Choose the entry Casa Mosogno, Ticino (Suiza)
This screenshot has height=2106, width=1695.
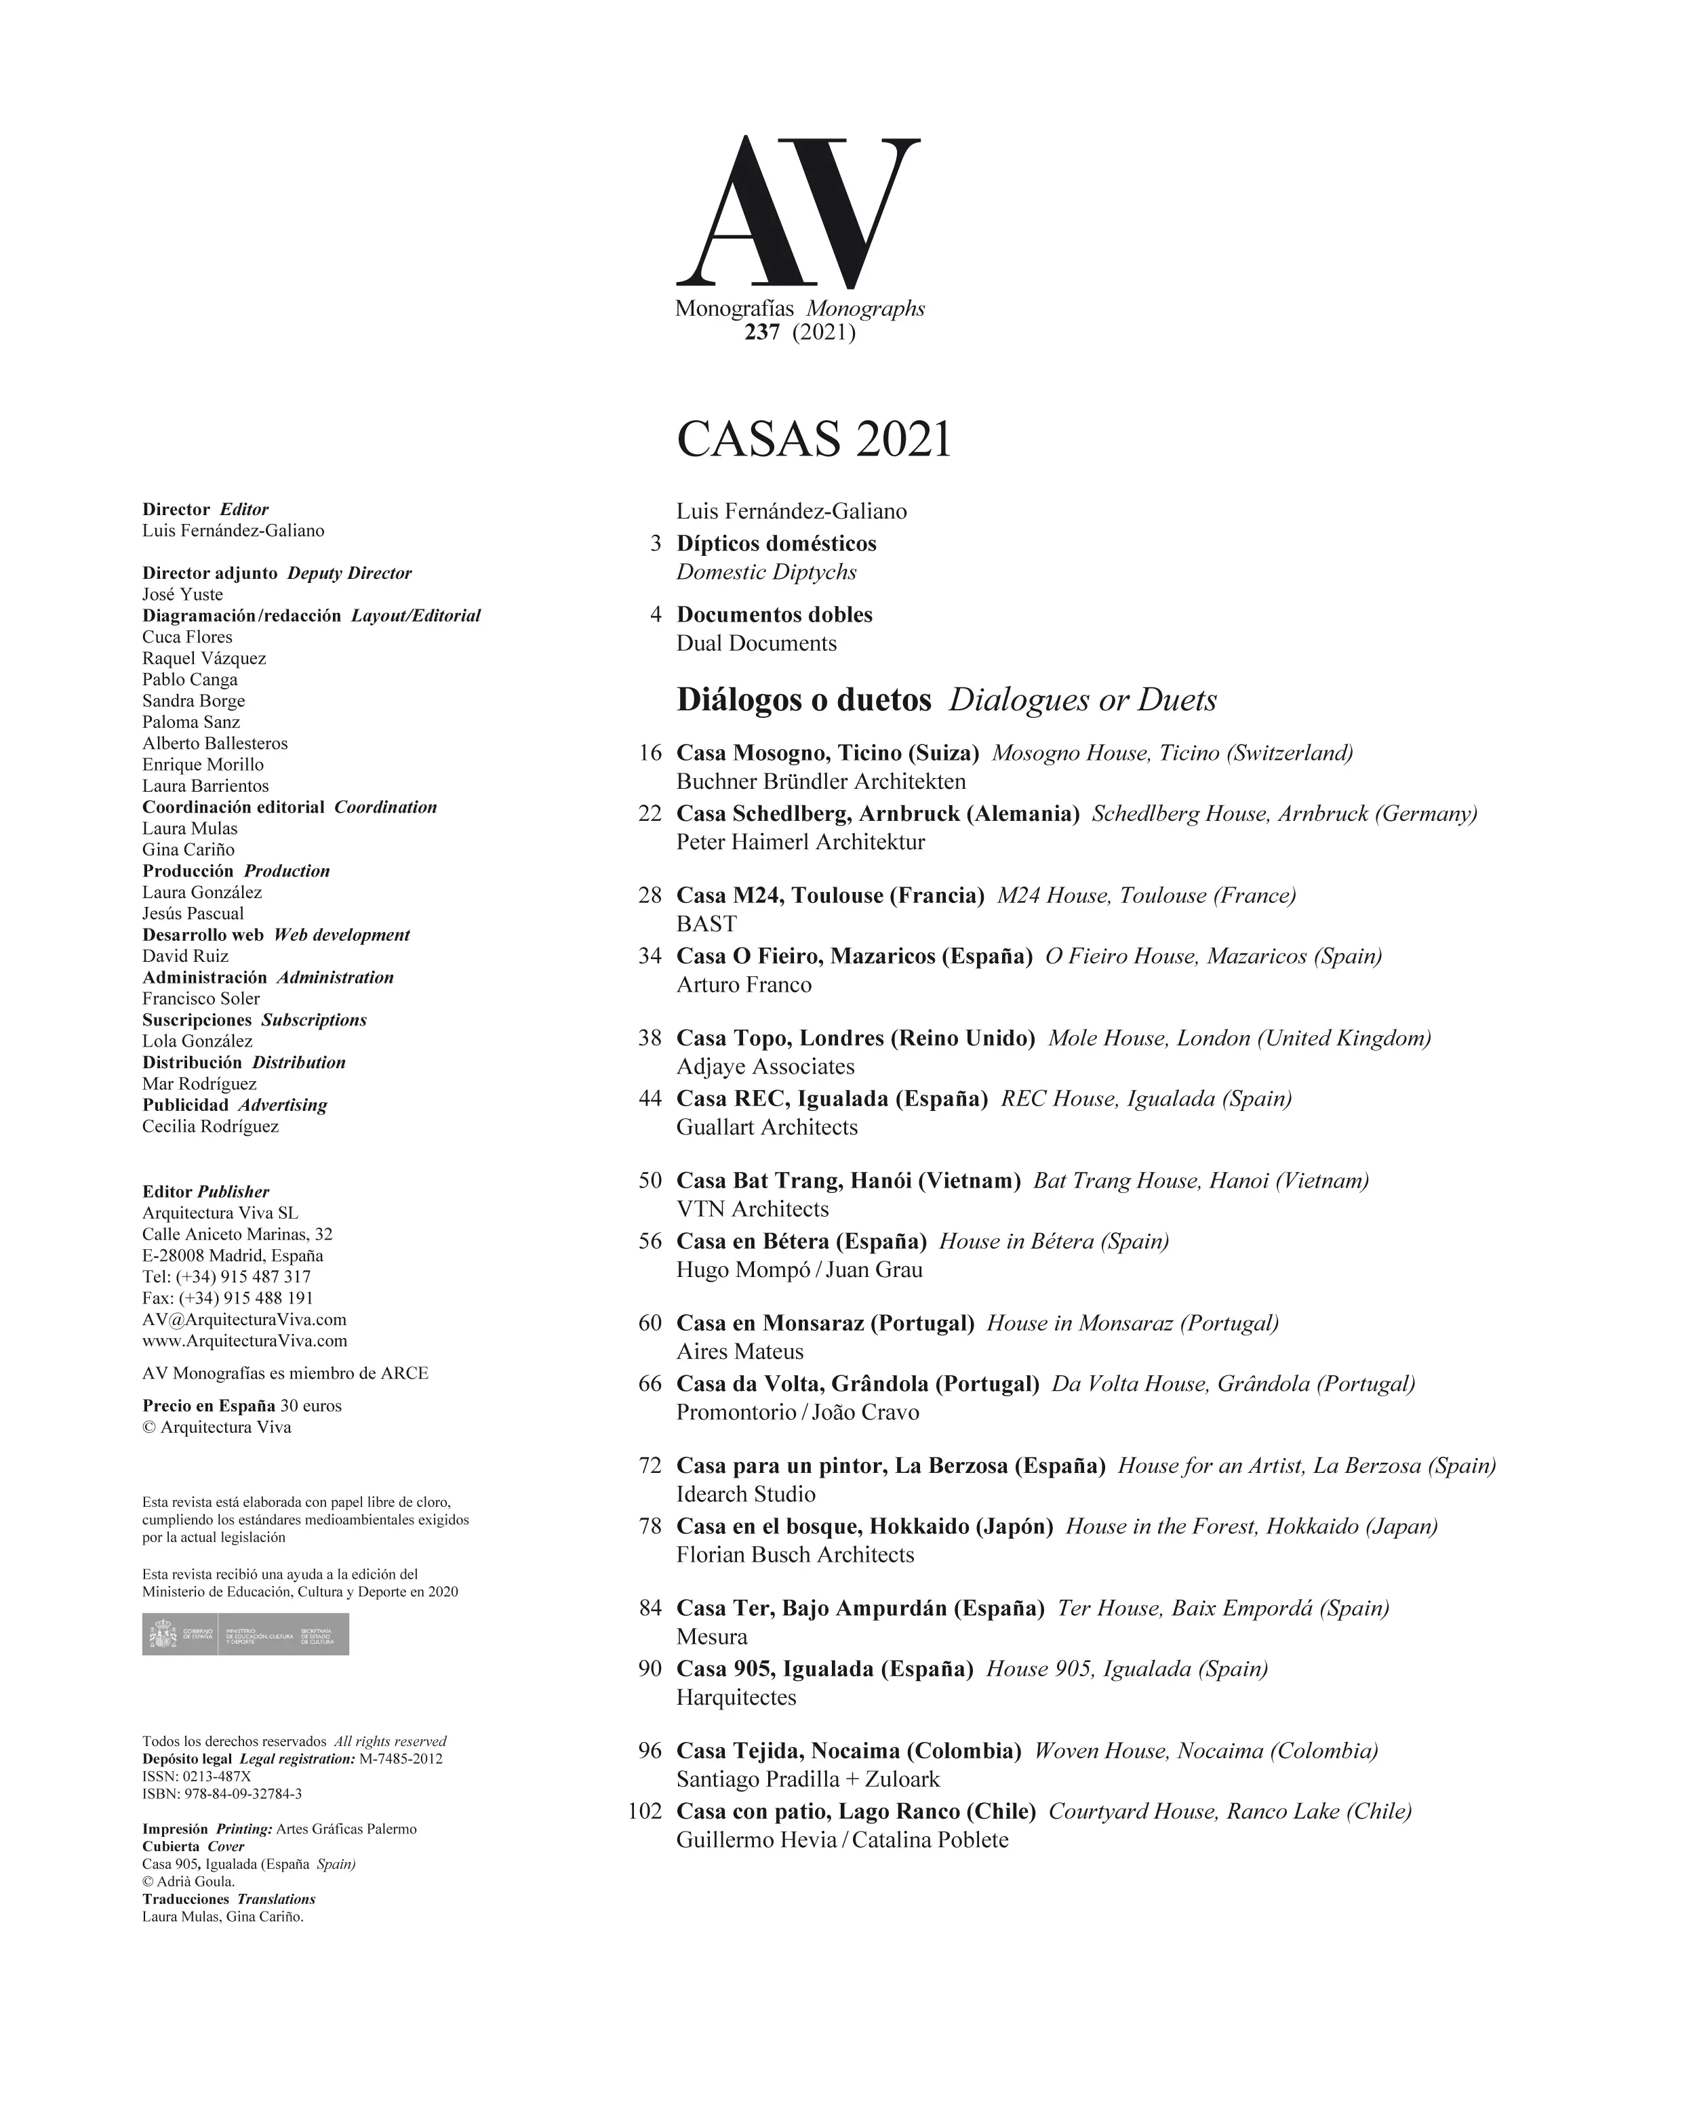[x=827, y=753]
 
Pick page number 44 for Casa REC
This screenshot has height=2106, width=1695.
[x=650, y=1099]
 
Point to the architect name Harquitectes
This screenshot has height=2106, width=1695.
[x=736, y=1698]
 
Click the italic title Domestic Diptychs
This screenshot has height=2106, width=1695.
[x=766, y=572]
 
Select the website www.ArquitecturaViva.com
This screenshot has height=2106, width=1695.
[x=244, y=1341]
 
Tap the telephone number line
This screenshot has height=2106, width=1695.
[x=226, y=1277]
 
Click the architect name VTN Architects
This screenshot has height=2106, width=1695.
[x=753, y=1209]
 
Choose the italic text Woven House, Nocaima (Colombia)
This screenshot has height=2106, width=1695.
[x=1205, y=1750]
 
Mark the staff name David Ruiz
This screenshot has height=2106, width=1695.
[x=186, y=956]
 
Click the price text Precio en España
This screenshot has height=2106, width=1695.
[x=208, y=1406]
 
